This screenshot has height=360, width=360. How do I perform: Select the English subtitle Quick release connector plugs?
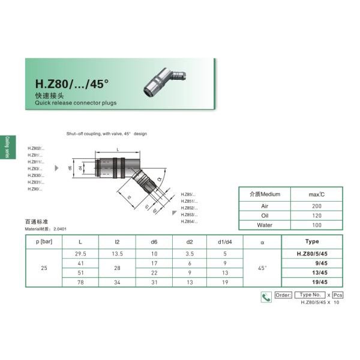coord(76,103)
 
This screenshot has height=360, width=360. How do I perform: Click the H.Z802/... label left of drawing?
coord(36,148)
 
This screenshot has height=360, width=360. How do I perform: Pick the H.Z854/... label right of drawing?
coord(189,221)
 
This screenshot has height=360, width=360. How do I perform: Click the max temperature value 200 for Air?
coord(316,206)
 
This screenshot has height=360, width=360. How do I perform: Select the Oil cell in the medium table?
coord(265,215)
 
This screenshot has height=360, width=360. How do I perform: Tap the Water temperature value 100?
coord(316,225)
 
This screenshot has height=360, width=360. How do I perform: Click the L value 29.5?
coord(81,254)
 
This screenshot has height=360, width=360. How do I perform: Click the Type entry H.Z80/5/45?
coord(312,254)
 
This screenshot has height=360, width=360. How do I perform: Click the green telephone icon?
coord(266,296)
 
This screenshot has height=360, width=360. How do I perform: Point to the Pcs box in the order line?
coord(338,295)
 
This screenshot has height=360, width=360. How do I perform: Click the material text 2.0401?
coord(60,229)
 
